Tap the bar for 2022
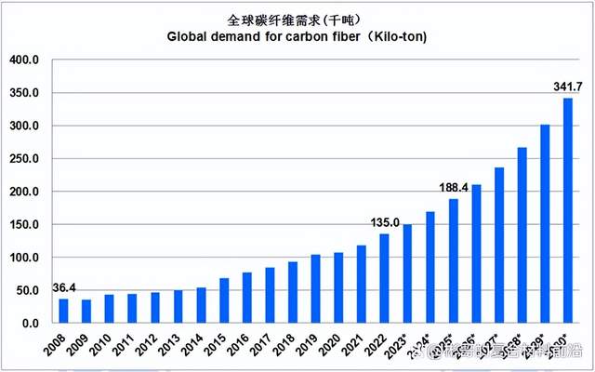coord(384,278)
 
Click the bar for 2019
coord(316,288)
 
